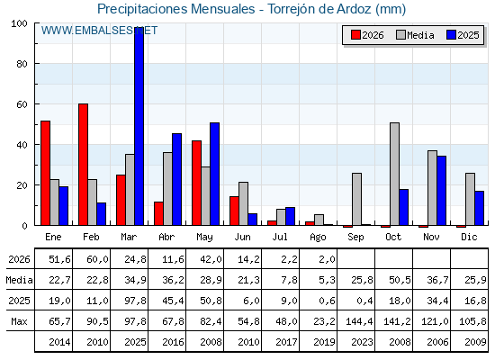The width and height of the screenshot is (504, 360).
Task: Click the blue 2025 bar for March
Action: [x=139, y=126]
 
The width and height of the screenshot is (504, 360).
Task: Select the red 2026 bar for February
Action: [x=83, y=165]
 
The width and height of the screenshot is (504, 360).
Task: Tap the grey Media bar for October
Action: [x=395, y=174]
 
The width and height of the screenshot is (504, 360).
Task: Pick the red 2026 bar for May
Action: [x=197, y=183]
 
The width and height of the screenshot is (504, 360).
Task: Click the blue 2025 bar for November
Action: [x=442, y=191]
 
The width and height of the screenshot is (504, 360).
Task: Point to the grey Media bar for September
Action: [x=356, y=199]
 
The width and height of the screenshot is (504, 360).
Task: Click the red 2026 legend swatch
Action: [x=355, y=35]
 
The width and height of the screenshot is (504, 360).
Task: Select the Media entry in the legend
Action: [x=416, y=35]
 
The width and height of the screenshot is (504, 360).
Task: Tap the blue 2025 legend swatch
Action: [x=451, y=35]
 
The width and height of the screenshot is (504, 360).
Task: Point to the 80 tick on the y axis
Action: [x=22, y=64]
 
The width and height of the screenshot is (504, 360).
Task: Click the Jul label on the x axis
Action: [x=280, y=237]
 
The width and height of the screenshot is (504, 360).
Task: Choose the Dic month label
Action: [x=469, y=237]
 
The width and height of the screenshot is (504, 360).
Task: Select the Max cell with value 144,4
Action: [x=359, y=321]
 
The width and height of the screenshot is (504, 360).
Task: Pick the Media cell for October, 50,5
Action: [x=400, y=280]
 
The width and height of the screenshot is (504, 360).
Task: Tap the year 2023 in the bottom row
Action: [x=362, y=342]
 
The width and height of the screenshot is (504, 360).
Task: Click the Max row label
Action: [x=19, y=321]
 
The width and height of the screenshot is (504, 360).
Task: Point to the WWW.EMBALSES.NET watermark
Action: [x=99, y=31]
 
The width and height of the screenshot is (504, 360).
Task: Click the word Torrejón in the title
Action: [x=292, y=9]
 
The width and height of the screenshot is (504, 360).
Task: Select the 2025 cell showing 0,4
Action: [x=365, y=301]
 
